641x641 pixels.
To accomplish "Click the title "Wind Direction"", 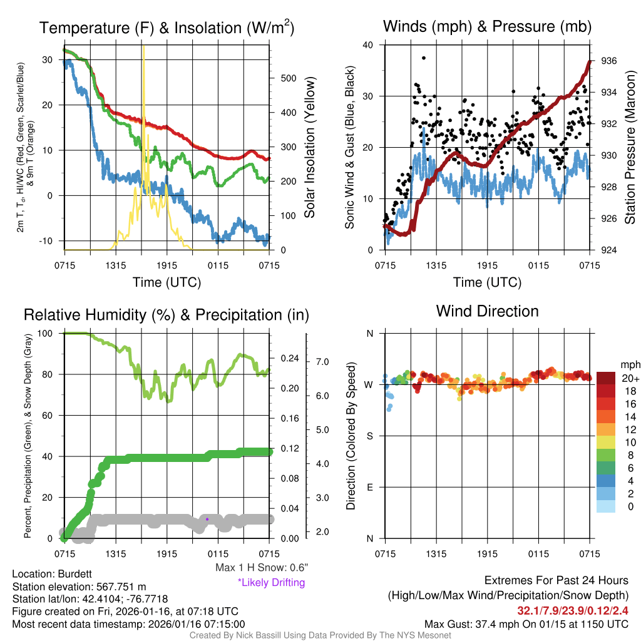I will (487, 311).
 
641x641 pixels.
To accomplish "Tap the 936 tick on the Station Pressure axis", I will (609, 61).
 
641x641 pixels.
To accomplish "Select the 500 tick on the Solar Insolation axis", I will (288, 78).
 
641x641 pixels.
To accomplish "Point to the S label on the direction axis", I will (369, 436).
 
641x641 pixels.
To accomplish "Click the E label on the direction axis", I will (369, 487).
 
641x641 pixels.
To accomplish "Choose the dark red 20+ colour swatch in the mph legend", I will (606, 378).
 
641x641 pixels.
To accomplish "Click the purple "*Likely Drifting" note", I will (271, 582).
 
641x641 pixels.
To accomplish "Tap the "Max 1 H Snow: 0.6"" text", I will (262, 568).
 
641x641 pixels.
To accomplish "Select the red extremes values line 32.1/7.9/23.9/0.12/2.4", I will (573, 610).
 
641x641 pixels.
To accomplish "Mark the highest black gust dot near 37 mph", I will (424, 58).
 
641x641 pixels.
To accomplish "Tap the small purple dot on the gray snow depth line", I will (207, 518).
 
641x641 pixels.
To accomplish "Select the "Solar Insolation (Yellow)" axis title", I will (309, 147).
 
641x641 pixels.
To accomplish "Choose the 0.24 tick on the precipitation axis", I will (287, 359).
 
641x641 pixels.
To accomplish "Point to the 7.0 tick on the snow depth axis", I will (323, 362).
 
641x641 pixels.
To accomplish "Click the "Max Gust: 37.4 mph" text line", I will (526, 624).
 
